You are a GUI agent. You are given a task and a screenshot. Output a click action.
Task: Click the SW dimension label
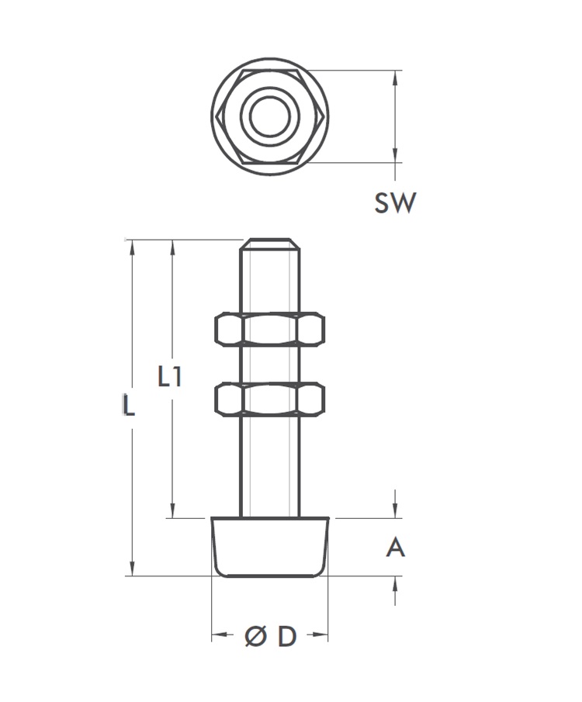click(395, 203)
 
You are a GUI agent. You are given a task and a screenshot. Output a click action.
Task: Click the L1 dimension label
click(169, 378)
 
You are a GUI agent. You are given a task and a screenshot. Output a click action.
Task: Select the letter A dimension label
click(395, 548)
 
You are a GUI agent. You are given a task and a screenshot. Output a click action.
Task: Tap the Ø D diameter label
click(270, 637)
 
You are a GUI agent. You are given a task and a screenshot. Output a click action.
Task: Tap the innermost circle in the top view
click(269, 116)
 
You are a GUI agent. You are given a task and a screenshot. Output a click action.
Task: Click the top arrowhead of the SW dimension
click(396, 78)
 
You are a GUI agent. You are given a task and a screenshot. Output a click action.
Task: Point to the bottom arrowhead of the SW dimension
click(396, 156)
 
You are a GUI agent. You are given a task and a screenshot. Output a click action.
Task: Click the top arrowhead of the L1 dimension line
click(172, 247)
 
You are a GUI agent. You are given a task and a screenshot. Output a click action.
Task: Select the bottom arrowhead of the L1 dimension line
click(172, 510)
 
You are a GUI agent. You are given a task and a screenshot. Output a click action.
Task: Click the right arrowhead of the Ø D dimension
click(321, 637)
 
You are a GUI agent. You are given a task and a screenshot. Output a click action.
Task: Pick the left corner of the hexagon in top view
click(217, 116)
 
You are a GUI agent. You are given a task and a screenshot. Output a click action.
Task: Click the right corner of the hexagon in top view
click(322, 116)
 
